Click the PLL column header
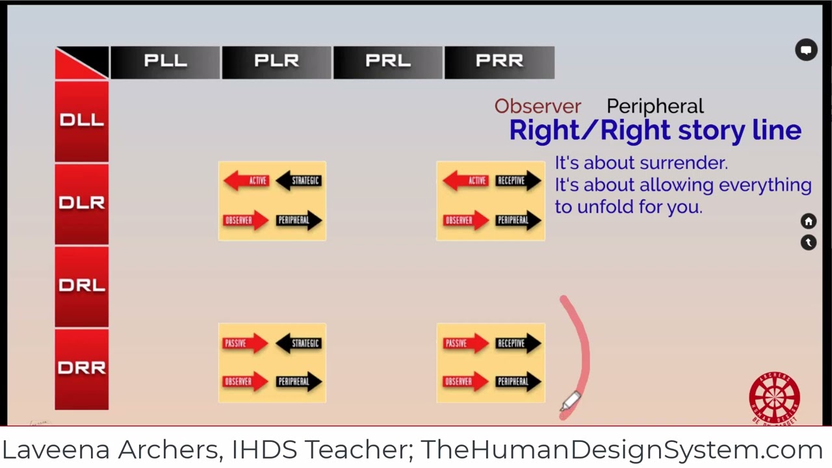[x=165, y=62]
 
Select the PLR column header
[x=276, y=62]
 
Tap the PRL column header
[x=388, y=62]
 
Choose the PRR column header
[x=499, y=62]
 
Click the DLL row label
[x=81, y=120]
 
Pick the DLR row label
[x=81, y=203]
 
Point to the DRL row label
[x=81, y=286]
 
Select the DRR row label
[x=81, y=369]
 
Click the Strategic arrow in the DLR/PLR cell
[x=299, y=181]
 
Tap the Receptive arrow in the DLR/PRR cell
[x=518, y=181]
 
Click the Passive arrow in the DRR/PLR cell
[x=244, y=343]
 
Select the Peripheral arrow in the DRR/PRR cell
[x=518, y=382]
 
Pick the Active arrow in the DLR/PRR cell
[x=465, y=181]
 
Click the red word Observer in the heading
[x=538, y=107]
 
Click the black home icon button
[x=809, y=222]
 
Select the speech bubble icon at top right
[x=807, y=50]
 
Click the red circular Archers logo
[x=774, y=398]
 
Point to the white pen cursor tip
[x=563, y=408]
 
